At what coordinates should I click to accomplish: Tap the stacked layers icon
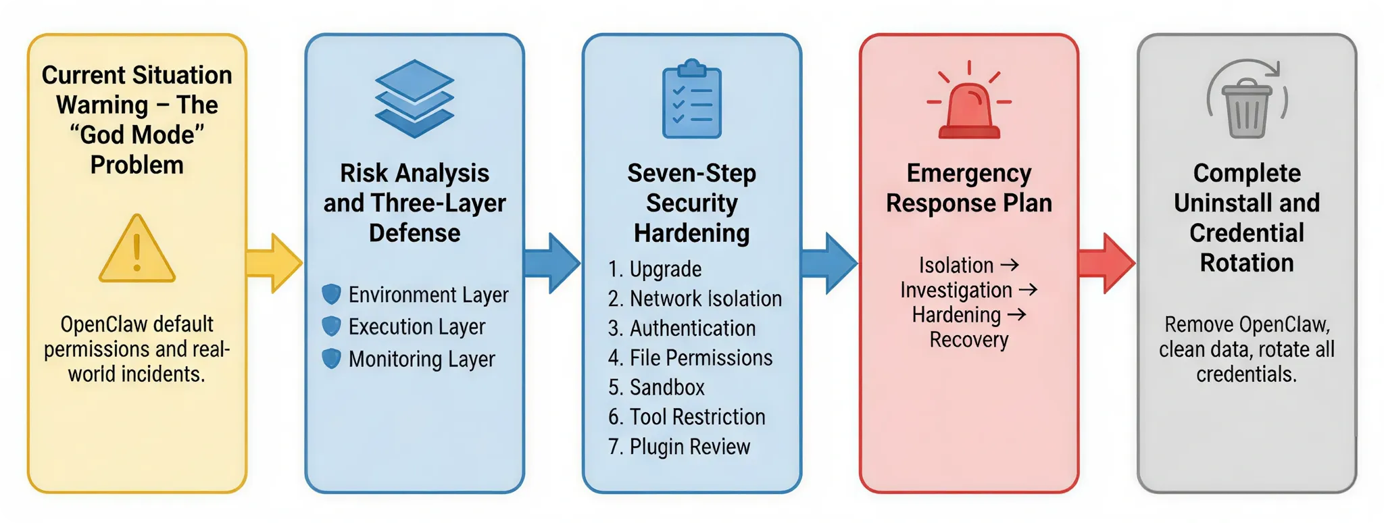(x=414, y=99)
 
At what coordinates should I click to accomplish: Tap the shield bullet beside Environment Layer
(x=331, y=295)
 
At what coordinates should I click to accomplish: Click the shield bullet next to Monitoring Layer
(x=331, y=359)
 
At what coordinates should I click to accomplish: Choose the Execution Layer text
(x=417, y=327)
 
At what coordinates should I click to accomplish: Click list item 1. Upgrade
(x=655, y=269)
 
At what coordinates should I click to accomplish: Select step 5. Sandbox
(x=656, y=387)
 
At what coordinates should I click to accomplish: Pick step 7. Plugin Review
(x=679, y=447)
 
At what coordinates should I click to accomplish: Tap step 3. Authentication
(x=682, y=328)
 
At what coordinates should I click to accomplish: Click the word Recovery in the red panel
(x=969, y=340)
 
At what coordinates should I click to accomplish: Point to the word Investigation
(x=956, y=291)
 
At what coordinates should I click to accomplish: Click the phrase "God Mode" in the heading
(x=137, y=135)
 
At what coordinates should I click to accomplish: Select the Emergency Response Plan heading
(x=969, y=188)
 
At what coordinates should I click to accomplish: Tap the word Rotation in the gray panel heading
(x=1247, y=263)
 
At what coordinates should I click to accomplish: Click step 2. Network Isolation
(x=695, y=299)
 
